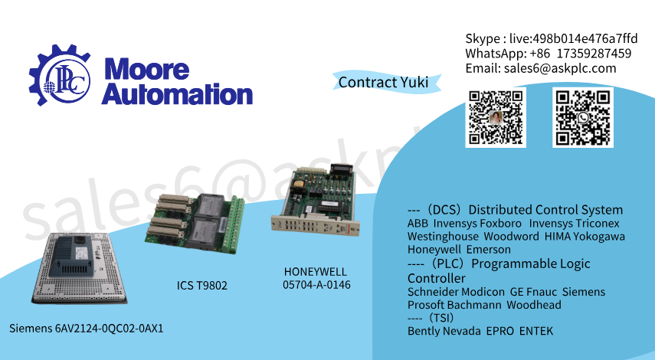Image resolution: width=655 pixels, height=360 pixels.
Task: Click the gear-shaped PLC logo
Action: pos(59,75)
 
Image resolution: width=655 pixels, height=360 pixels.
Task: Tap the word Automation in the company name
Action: pos(177,94)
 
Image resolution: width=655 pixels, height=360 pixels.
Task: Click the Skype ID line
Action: pos(552,38)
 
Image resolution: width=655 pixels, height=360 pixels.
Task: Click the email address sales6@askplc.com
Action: pos(560,68)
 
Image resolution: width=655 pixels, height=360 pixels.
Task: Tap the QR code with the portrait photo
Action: pos(496,117)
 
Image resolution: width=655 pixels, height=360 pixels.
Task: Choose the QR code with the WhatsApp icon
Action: pos(583,117)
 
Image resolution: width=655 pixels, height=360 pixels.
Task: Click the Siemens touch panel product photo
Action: pos(80,267)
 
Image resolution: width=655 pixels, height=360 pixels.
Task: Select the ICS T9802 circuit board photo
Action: pos(195,224)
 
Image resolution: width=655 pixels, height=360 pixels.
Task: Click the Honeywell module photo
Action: pos(316,200)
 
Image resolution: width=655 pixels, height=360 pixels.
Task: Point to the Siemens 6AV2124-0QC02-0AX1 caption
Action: pos(86,329)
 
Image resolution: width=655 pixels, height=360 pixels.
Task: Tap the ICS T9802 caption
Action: pos(201,286)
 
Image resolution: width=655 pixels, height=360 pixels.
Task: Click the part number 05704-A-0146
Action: pos(316,285)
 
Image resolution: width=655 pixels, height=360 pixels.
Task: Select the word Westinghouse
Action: pos(443,237)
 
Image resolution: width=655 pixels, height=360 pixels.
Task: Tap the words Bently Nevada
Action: pos(444,331)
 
